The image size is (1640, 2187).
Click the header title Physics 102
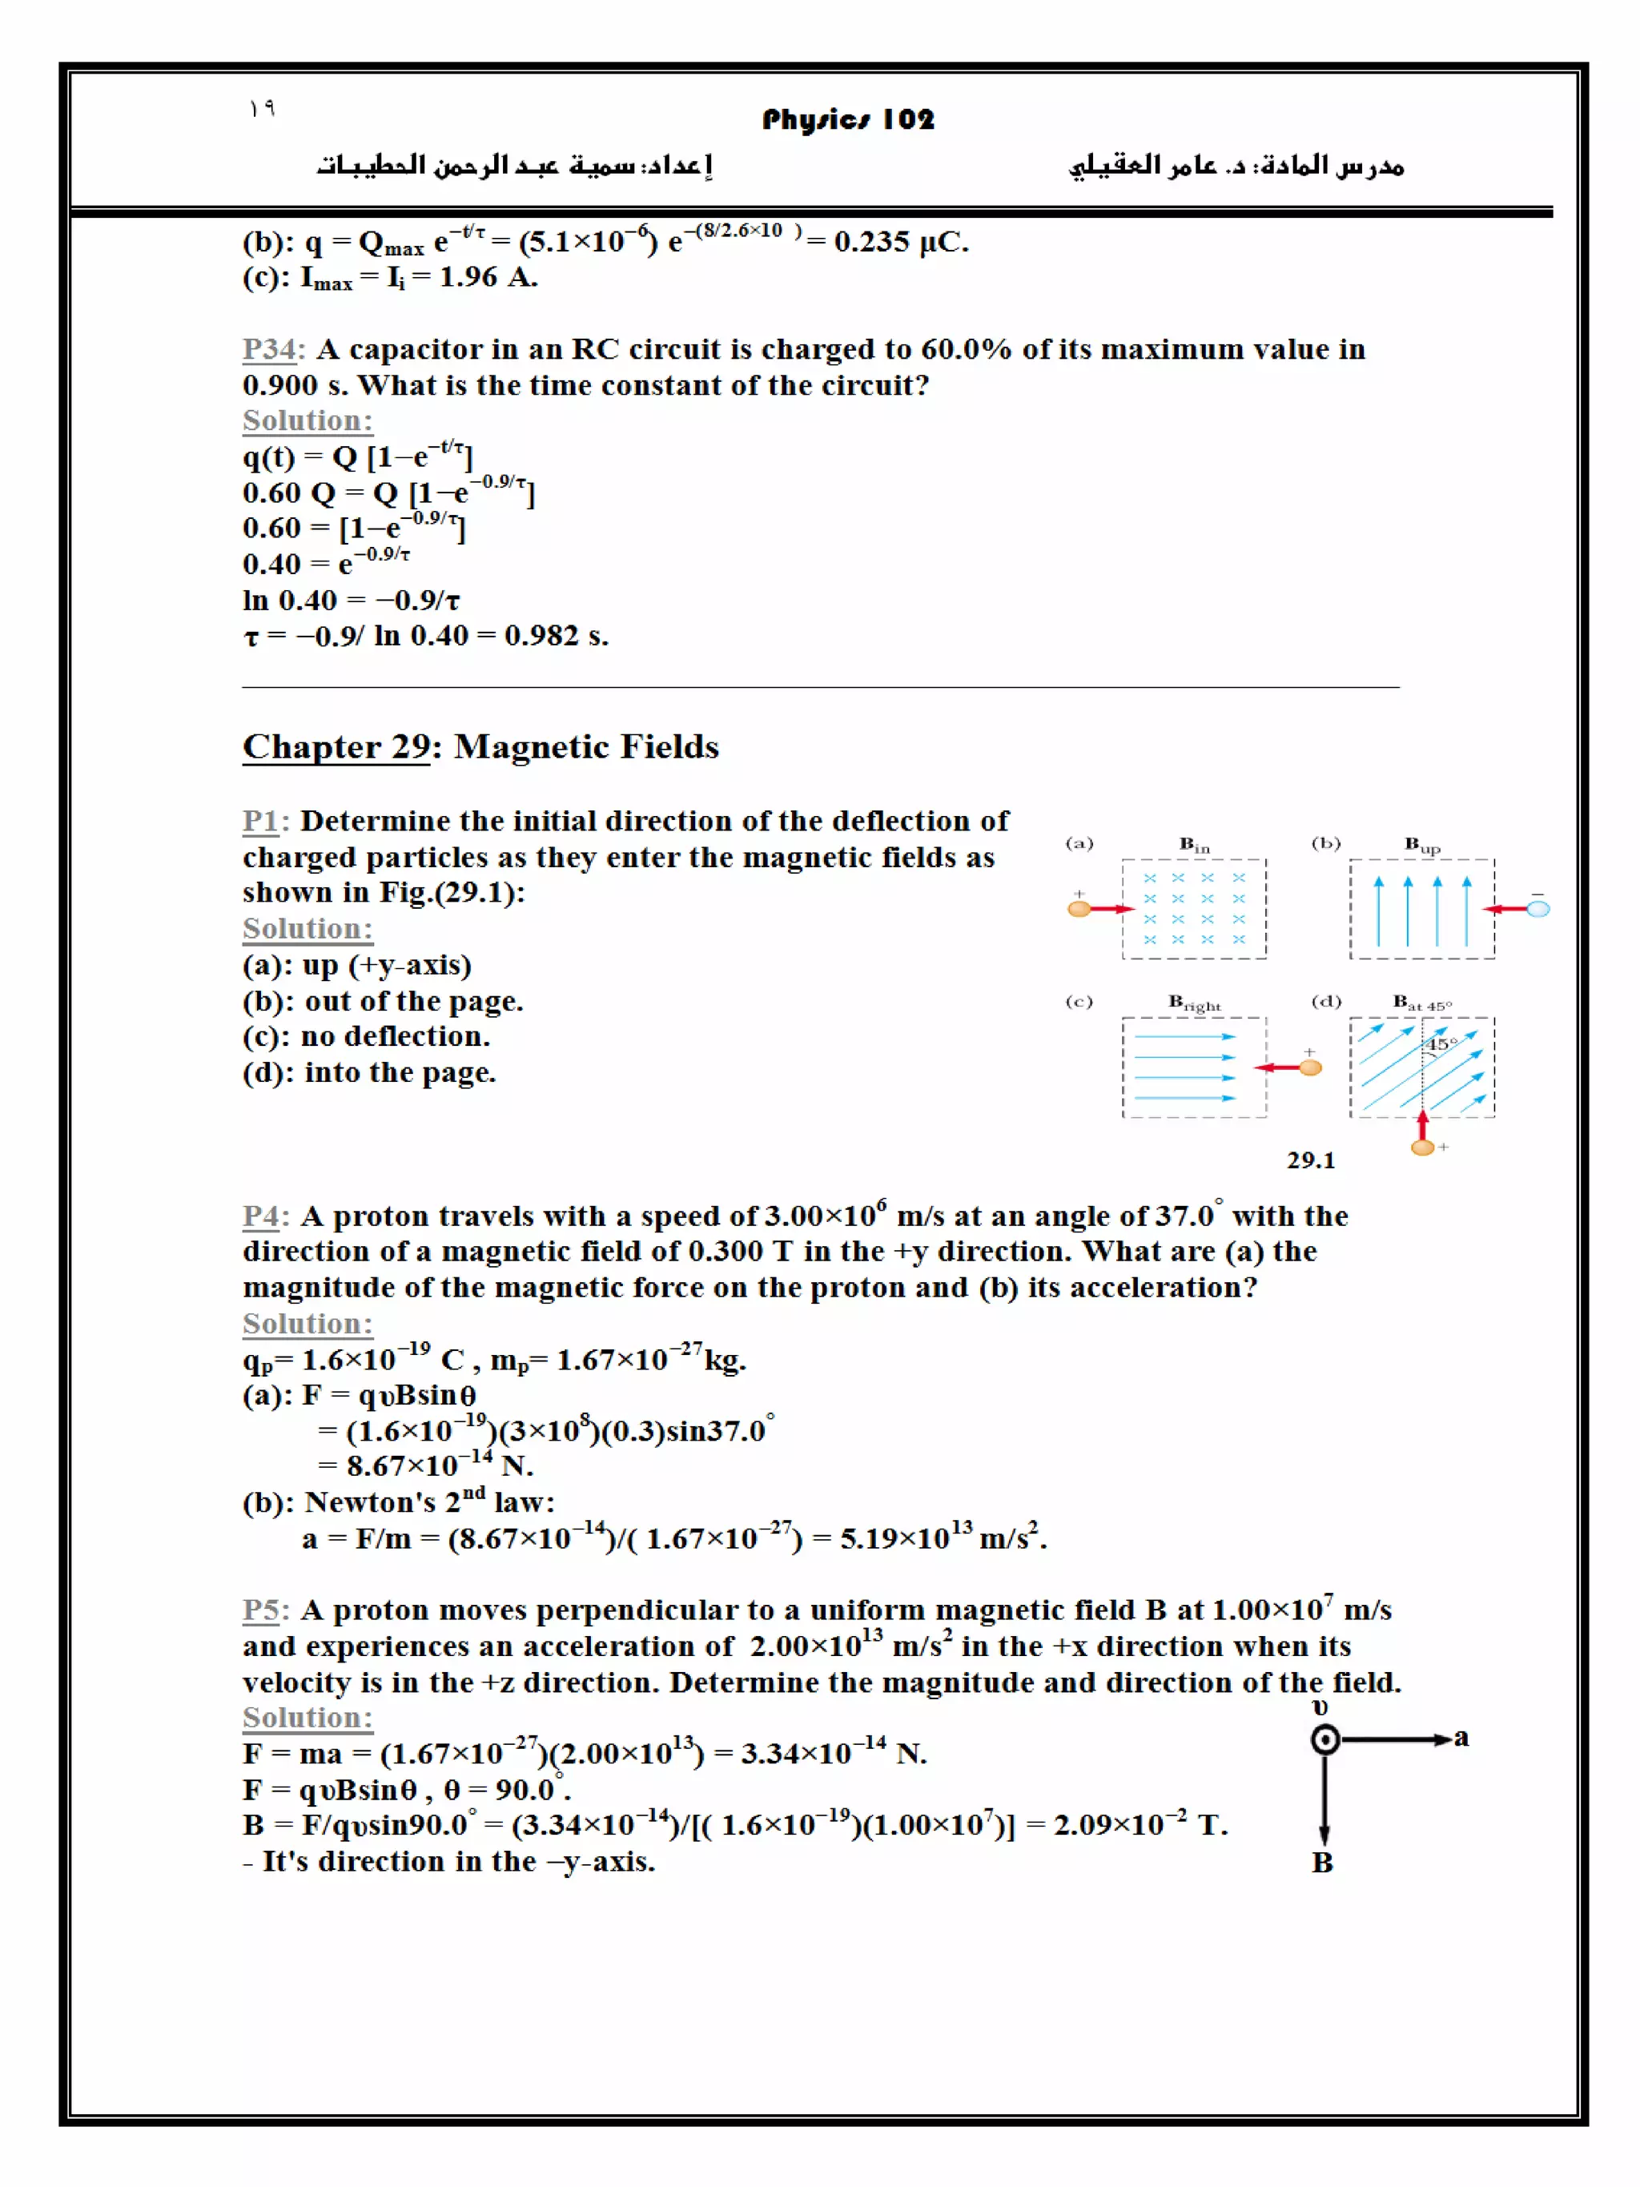[847, 119]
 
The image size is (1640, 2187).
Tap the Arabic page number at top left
[261, 108]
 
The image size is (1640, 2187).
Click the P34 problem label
[270, 349]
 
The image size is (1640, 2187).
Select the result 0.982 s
[555, 636]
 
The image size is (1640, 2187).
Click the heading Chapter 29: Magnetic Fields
[480, 746]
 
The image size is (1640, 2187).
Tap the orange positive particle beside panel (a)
[1079, 909]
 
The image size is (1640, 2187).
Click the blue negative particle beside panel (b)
[1538, 909]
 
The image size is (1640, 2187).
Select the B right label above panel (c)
[1193, 1003]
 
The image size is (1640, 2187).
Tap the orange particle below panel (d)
[1422, 1148]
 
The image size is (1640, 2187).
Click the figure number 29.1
[1310, 1160]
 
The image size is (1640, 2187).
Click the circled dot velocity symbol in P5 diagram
[1324, 1740]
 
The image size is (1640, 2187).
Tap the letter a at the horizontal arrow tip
[1461, 1738]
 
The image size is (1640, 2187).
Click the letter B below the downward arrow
[1321, 1863]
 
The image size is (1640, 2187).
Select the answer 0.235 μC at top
[899, 241]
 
